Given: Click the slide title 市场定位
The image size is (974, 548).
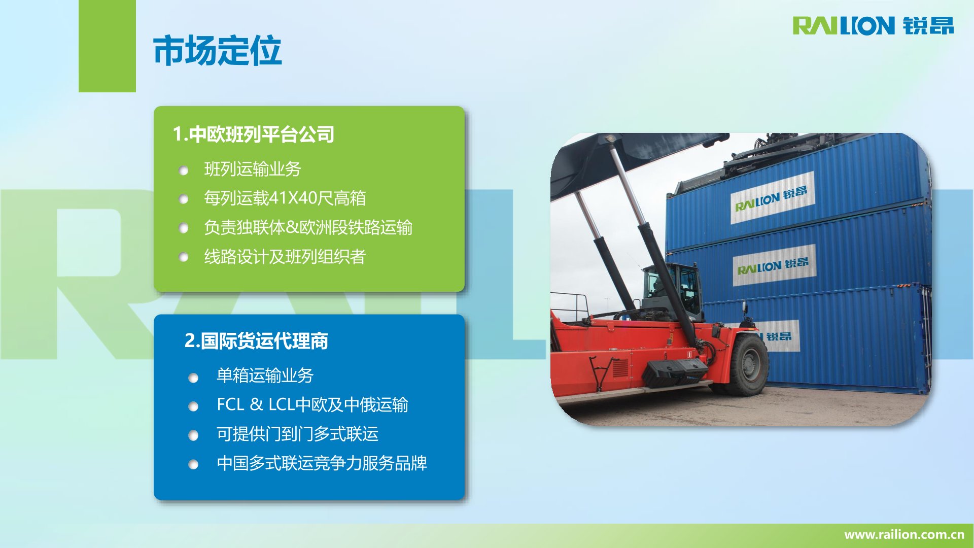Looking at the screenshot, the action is (x=217, y=50).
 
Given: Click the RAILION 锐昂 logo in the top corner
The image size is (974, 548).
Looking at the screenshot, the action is (x=873, y=25).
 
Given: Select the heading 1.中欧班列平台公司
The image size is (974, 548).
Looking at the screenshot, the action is (x=254, y=134).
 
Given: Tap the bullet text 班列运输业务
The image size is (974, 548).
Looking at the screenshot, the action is (x=253, y=169).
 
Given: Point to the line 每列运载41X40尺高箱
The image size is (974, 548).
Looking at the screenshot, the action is (x=285, y=198).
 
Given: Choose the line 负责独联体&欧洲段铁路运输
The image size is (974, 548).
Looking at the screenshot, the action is (x=308, y=227).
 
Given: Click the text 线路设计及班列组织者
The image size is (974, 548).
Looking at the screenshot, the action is (x=285, y=257).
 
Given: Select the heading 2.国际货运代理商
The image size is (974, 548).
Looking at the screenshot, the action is (x=256, y=341).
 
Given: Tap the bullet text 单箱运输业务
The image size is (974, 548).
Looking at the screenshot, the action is (x=265, y=375).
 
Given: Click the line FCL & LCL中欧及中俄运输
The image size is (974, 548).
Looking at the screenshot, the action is (x=312, y=404).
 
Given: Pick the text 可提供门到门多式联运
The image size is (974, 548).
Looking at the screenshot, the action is (x=297, y=434).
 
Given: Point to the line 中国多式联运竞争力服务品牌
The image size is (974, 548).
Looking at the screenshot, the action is (x=322, y=463).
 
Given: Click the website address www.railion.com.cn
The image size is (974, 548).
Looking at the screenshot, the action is (x=904, y=534).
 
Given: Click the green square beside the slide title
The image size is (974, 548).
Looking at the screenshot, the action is (x=107, y=46).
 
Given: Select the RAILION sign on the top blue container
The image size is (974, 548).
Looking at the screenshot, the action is (x=772, y=198).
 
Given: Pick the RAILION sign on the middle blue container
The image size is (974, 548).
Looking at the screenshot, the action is (x=774, y=265).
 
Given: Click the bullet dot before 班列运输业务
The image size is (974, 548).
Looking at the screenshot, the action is (x=184, y=170).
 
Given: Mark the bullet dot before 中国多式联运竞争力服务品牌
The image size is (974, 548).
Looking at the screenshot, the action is (x=193, y=465).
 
